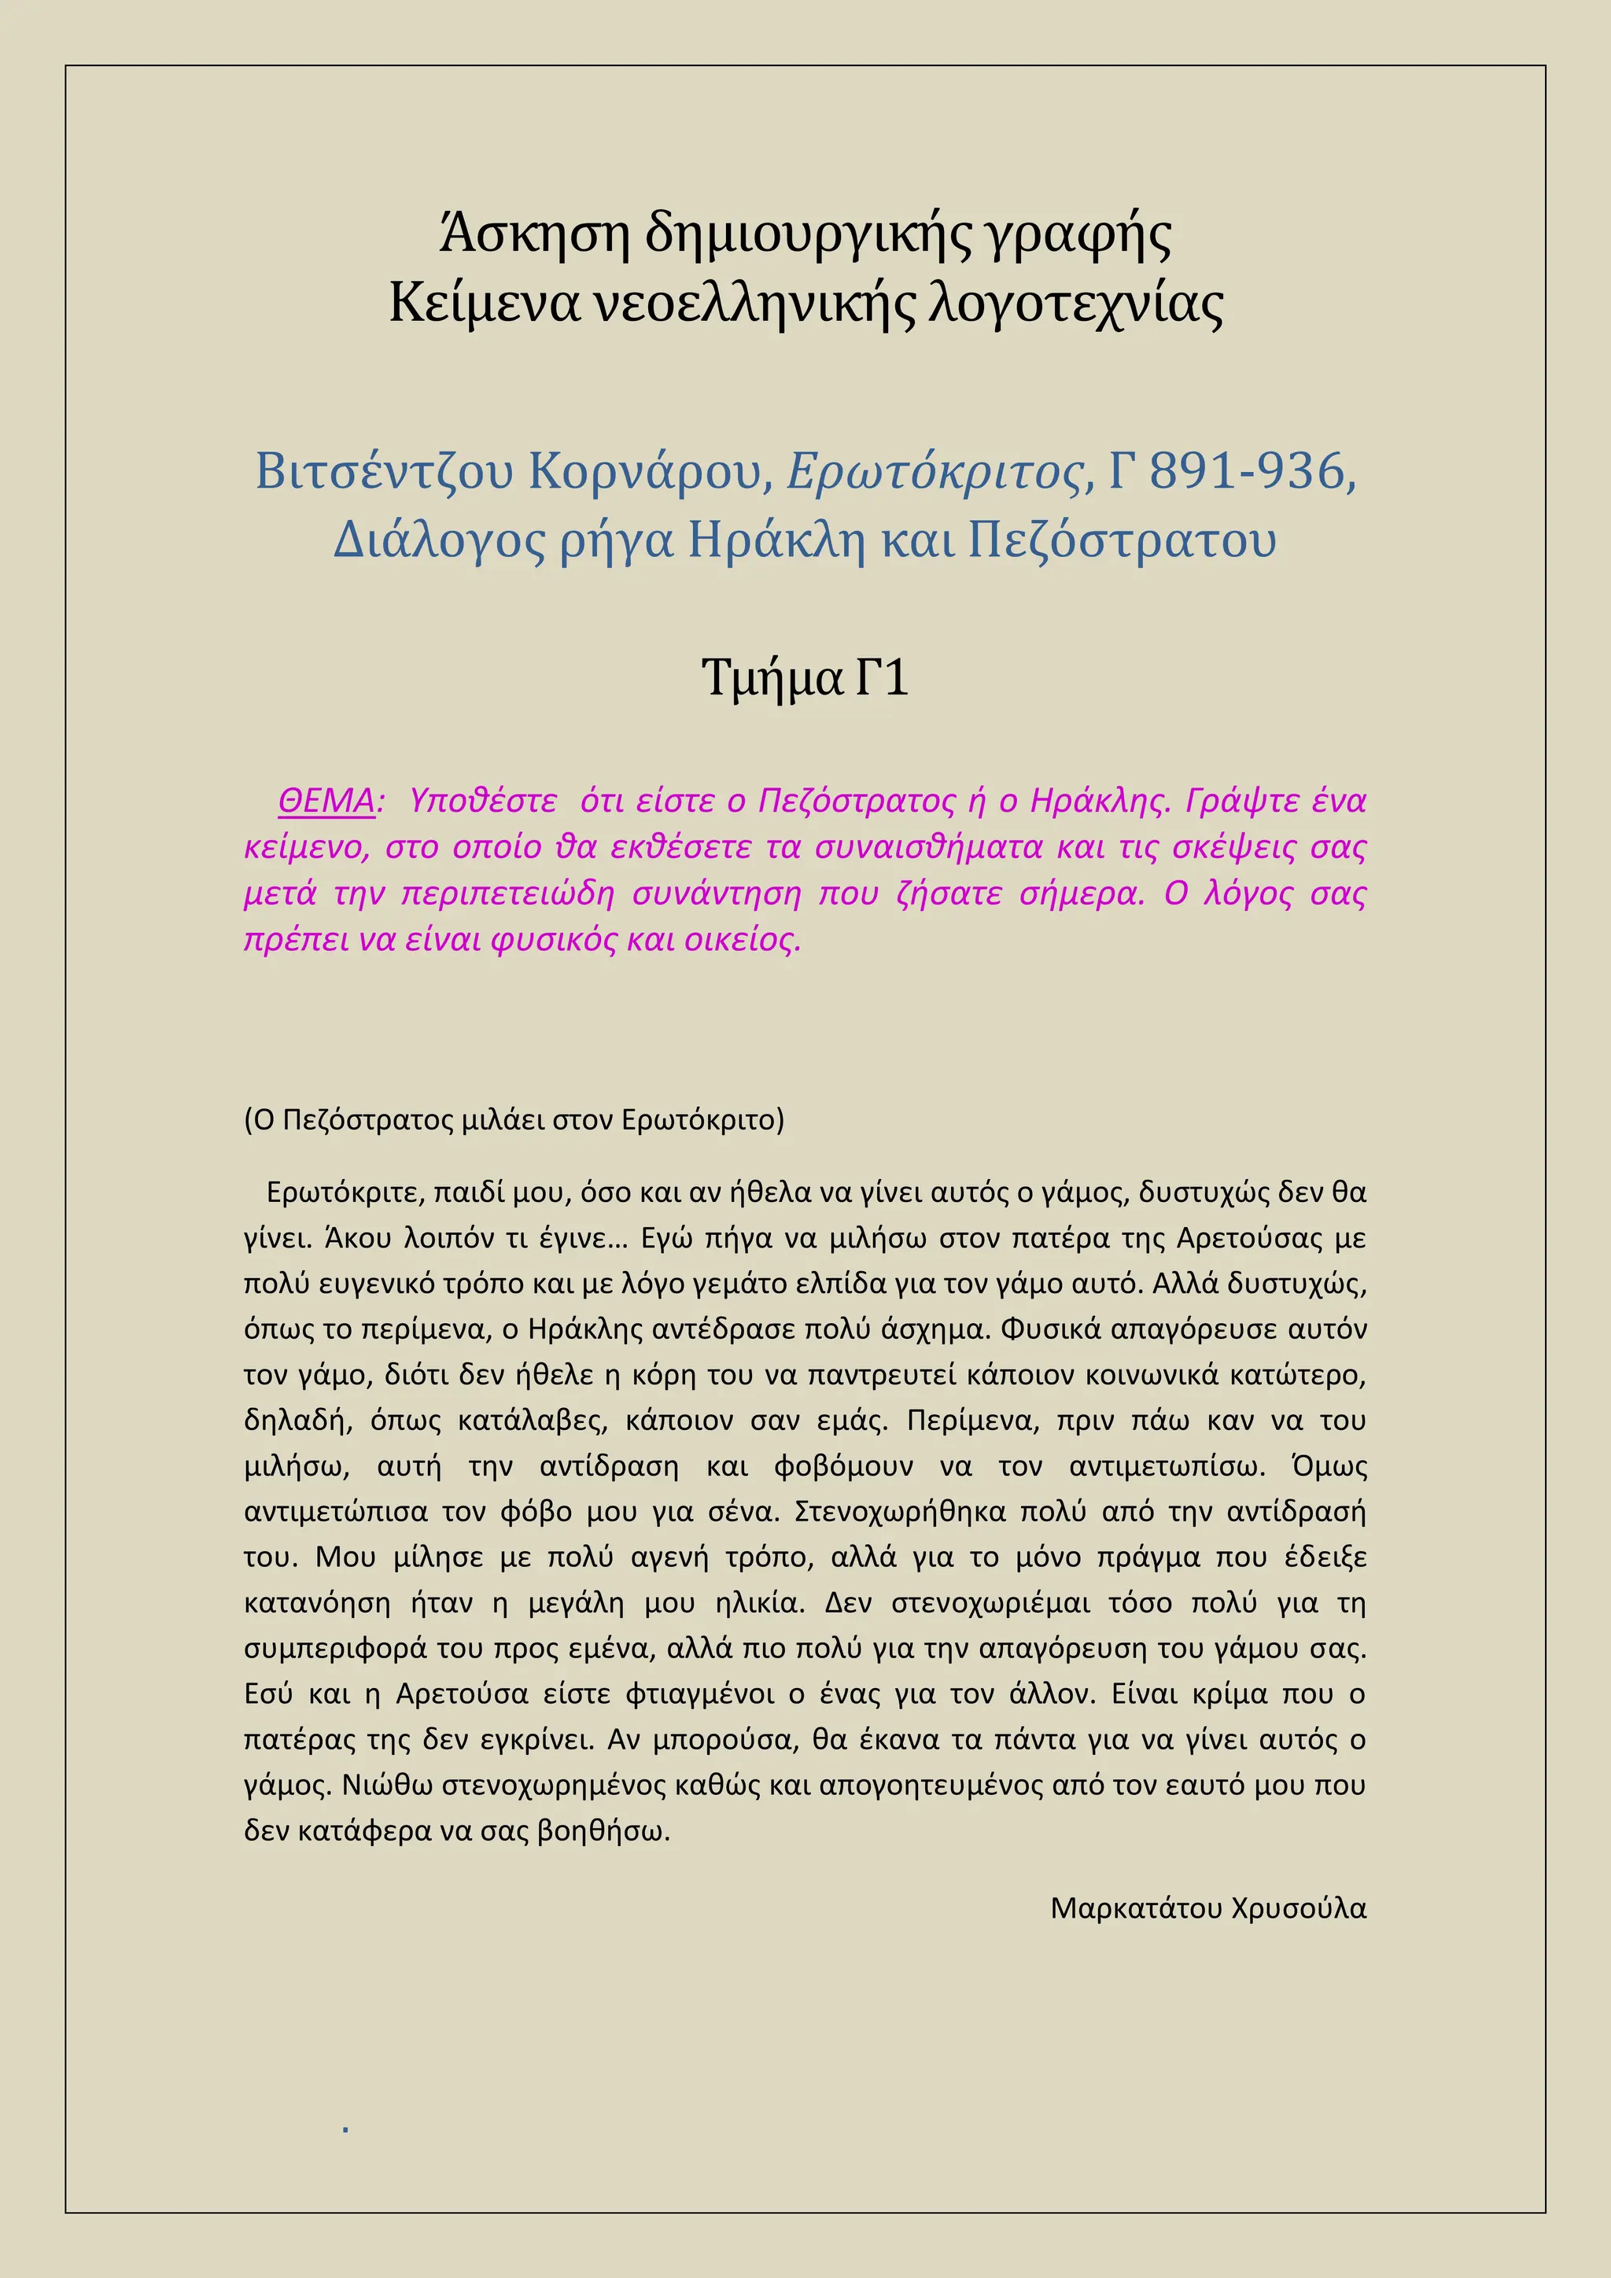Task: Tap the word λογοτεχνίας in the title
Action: click(x=1075, y=303)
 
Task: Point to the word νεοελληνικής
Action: click(x=753, y=303)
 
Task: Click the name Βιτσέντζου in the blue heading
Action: click(x=384, y=470)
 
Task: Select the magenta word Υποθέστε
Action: click(x=483, y=800)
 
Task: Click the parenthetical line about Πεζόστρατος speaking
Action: click(x=514, y=1119)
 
